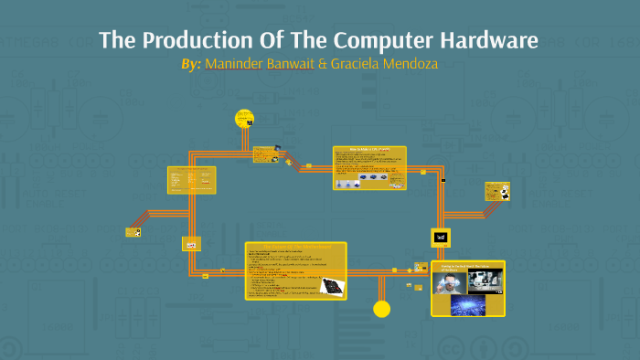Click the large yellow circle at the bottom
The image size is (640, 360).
click(x=382, y=309)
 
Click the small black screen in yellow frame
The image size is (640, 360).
click(x=441, y=237)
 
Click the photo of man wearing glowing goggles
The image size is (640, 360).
click(x=448, y=281)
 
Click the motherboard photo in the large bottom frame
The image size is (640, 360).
click(x=330, y=286)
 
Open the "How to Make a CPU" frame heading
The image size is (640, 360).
click(x=369, y=148)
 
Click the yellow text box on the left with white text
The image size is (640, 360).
click(x=193, y=179)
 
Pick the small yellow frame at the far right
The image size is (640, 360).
click(x=497, y=191)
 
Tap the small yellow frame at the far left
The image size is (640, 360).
click(x=133, y=232)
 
